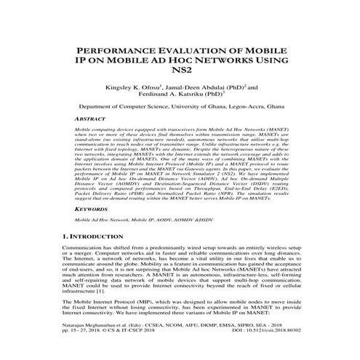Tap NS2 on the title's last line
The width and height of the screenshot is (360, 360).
180,77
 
